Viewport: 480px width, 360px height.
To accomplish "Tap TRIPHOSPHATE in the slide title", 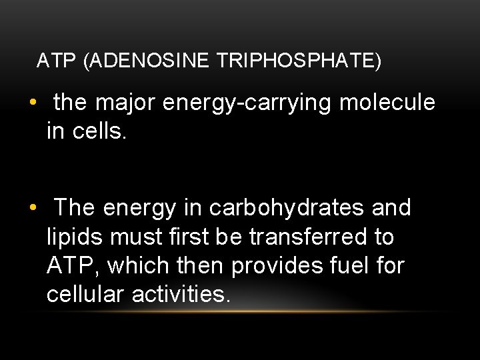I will pos(298,61).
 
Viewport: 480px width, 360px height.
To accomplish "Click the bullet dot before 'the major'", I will pos(33,103).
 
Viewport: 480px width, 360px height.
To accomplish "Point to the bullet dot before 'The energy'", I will pos(33,209).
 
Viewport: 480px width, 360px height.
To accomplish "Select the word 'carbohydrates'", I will pos(287,208).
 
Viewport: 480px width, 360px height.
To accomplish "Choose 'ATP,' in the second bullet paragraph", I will pos(73,265).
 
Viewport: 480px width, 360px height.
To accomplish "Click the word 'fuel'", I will pos(348,265).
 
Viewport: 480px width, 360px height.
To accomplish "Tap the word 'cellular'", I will pos(86,294).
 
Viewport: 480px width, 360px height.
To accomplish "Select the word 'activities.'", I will pos(181,294).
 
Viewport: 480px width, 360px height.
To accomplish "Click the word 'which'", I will pos(138,265).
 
